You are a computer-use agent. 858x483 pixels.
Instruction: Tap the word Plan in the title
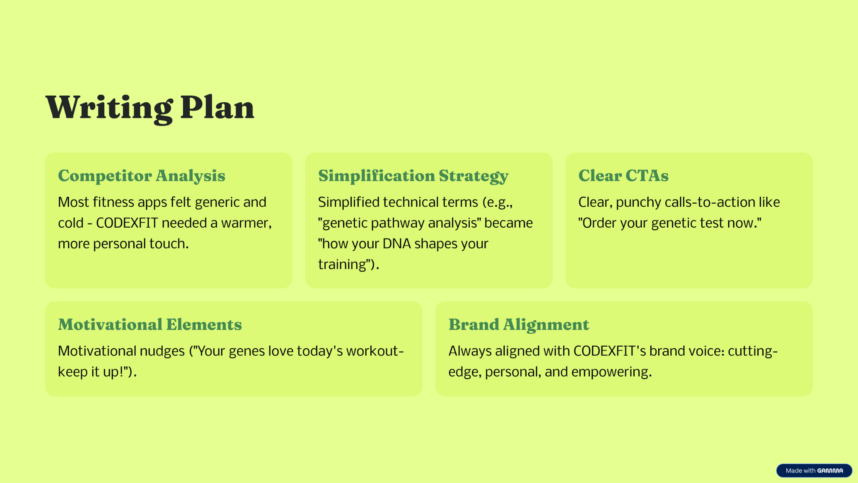[x=217, y=107]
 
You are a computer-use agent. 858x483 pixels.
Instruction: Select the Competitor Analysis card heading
[x=142, y=176]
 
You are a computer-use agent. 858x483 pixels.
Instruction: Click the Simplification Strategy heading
[x=413, y=176]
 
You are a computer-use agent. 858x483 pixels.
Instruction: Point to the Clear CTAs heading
[x=623, y=176]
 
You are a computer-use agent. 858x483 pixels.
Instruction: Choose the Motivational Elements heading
[x=150, y=325]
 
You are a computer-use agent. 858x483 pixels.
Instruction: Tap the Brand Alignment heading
[x=519, y=325]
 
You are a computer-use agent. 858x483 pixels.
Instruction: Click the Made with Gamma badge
[x=814, y=470]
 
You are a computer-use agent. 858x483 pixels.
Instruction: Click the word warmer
[x=246, y=223]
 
